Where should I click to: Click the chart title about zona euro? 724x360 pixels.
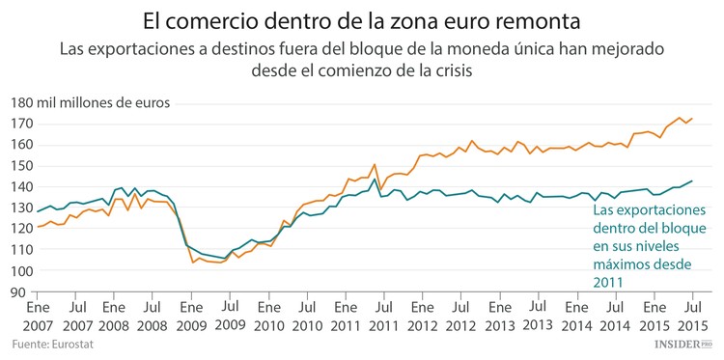click(362, 19)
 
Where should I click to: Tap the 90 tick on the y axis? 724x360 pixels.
click(22, 291)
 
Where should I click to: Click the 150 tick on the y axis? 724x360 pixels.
click(19, 165)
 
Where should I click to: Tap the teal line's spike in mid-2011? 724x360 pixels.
click(374, 179)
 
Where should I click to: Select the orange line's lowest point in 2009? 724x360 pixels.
click(193, 262)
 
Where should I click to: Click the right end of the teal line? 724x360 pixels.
click(692, 180)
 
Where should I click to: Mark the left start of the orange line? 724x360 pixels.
click(39, 226)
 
